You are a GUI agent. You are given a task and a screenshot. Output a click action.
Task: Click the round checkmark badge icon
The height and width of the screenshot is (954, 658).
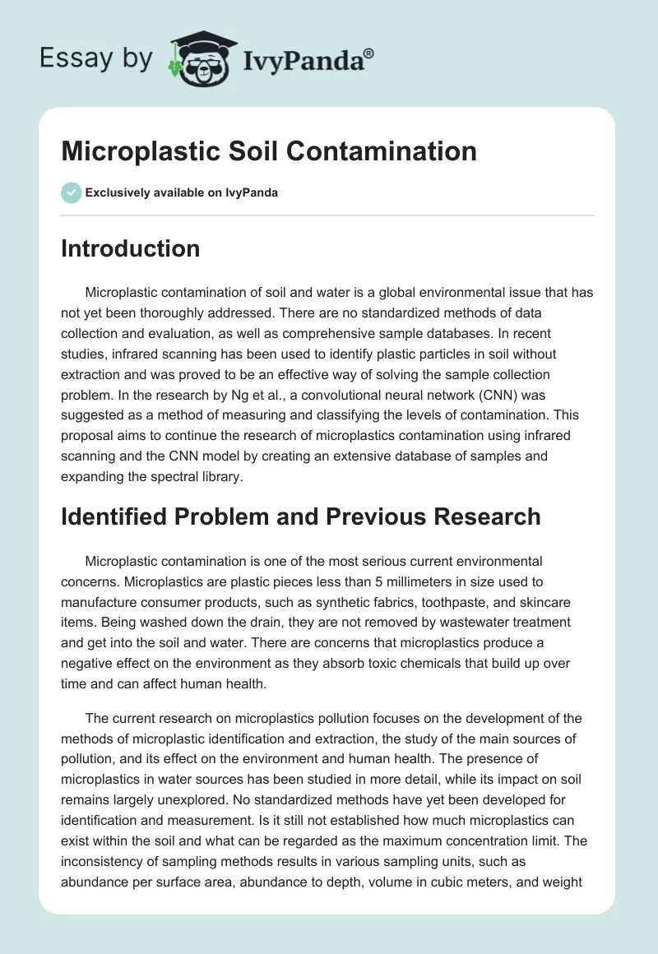point(71,192)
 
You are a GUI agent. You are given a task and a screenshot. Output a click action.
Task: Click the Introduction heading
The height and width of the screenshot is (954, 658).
point(130,248)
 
